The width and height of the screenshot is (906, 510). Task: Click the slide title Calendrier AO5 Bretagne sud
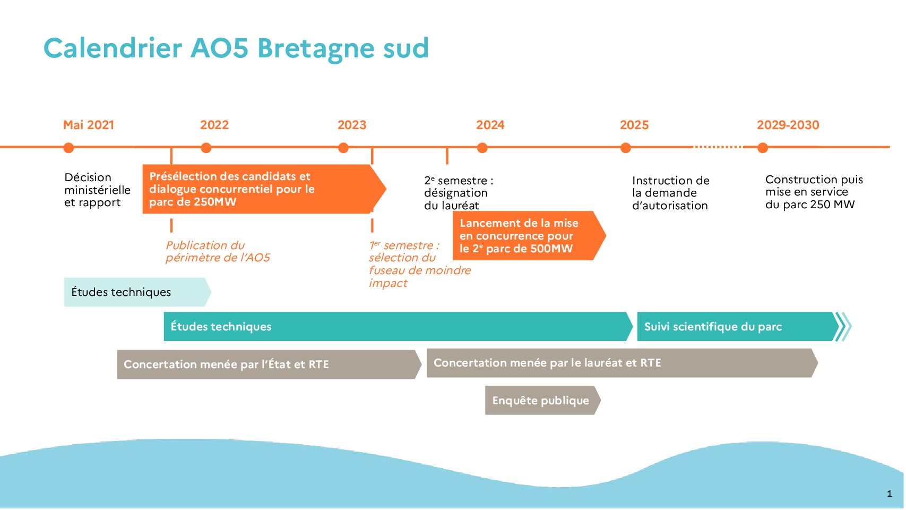pyautogui.click(x=236, y=48)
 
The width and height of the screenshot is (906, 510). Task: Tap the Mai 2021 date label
pyautogui.click(x=89, y=125)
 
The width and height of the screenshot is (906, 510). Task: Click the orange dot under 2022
pyautogui.click(x=206, y=148)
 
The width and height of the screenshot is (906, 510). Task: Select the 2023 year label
pyautogui.click(x=352, y=125)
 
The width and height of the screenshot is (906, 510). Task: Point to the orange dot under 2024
pyautogui.click(x=482, y=148)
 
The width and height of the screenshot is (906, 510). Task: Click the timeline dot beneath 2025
pyautogui.click(x=626, y=148)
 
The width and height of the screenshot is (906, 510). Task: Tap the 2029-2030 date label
pyautogui.click(x=788, y=125)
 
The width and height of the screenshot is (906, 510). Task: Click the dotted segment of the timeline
pyautogui.click(x=718, y=147)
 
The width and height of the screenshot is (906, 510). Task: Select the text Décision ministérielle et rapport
pyautogui.click(x=97, y=190)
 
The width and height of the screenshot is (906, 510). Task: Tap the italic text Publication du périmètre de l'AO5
pyautogui.click(x=218, y=251)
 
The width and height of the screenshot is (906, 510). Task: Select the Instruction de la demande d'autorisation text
pyautogui.click(x=670, y=193)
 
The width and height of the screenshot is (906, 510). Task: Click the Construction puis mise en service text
pyautogui.click(x=814, y=192)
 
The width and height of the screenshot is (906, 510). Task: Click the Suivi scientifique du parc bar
pyautogui.click(x=735, y=327)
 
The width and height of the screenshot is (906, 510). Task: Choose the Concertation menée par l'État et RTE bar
pyautogui.click(x=265, y=364)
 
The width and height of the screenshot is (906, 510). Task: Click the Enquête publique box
pyautogui.click(x=540, y=401)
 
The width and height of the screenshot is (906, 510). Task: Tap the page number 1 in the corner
pyautogui.click(x=889, y=494)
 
